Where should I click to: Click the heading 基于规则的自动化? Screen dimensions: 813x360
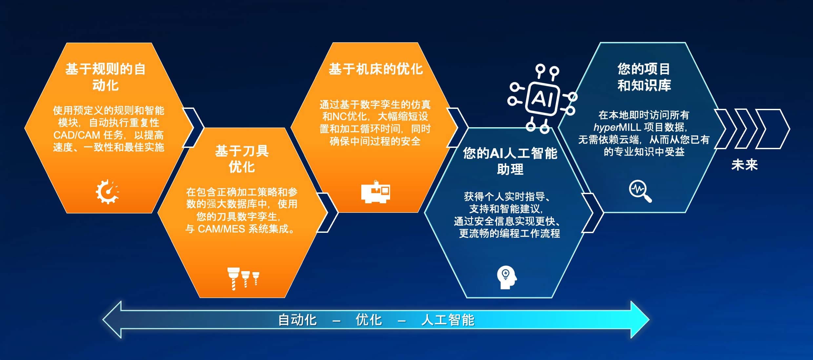(x=106, y=77)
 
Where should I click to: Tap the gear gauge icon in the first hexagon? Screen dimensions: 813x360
(x=107, y=192)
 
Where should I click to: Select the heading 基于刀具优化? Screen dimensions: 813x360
(x=242, y=159)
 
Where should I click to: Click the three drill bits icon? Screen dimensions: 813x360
(x=243, y=279)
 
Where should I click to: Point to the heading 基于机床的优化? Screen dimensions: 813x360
(x=376, y=69)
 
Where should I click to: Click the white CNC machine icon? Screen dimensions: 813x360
(x=376, y=191)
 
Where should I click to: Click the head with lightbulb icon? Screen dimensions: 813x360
(x=506, y=277)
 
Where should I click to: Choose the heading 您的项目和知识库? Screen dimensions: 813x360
(x=644, y=77)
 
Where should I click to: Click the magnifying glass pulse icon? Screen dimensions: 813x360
(x=640, y=191)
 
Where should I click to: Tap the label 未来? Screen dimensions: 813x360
(x=744, y=165)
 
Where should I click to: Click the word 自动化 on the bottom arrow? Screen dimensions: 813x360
(x=297, y=320)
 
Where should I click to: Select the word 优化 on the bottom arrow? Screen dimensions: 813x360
(x=369, y=320)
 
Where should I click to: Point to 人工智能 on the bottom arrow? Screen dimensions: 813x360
(x=448, y=320)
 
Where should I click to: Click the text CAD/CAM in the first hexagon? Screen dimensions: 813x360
(x=77, y=135)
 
